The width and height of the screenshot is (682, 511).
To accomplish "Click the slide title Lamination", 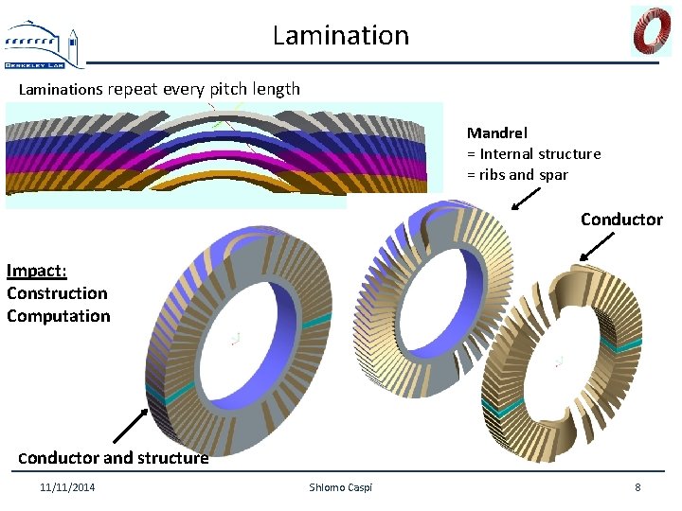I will pos(341,35).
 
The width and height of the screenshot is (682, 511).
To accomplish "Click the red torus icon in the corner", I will pos(651,30).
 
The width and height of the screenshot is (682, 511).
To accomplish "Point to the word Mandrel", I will pos(496,133).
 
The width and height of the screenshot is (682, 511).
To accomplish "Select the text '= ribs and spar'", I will pos(517,174).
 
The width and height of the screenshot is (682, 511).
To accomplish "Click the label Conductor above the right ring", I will pos(621,220).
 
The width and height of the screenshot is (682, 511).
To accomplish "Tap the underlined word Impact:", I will pos(34,271).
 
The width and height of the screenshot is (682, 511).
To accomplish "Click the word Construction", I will pos(57,293).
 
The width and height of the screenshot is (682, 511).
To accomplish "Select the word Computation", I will pos(59,316).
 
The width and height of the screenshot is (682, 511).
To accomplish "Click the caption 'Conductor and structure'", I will pos(114,458).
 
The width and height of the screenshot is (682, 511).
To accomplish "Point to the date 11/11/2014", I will pos(67,487).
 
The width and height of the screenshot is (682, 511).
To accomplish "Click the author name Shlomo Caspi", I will pos(341,487).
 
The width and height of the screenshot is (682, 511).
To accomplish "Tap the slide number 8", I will pos(637,487).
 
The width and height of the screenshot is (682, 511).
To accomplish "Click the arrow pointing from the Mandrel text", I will pos(526,197).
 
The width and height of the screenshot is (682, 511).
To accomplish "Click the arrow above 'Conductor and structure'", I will pos(131,426).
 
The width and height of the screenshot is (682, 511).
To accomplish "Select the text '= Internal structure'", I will pos(533,153).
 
